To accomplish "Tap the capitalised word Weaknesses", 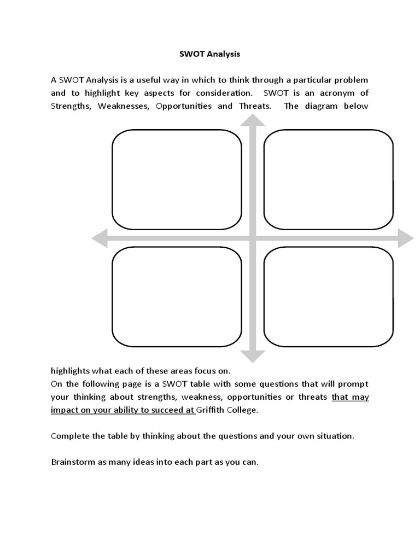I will pos(124,106).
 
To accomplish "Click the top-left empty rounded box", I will pos(177,179).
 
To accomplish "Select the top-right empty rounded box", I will pos(328,179).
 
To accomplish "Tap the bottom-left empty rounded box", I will pos(177,296).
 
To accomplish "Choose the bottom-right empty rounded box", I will pos(328,296).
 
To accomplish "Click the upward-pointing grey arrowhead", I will pos(253,123).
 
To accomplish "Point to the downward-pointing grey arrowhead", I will pos(253,355).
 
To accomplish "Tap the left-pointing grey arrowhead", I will pos(100,238).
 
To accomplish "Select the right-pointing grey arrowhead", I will pos(405,238).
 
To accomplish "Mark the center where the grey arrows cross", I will pos(253,238).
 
